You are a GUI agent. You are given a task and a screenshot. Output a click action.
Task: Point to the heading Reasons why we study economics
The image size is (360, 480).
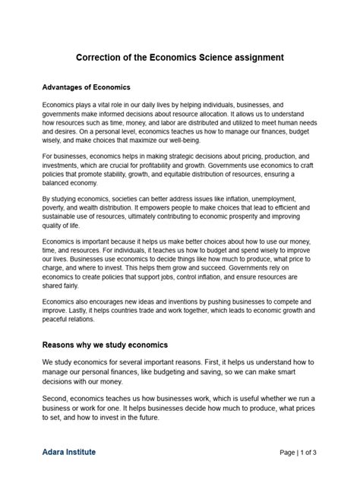(105, 345)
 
